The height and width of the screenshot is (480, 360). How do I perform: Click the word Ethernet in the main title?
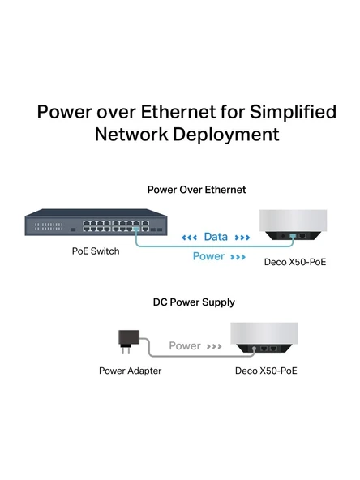click(178, 112)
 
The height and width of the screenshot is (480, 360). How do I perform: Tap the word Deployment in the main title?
click(226, 135)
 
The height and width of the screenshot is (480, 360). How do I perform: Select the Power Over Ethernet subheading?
click(196, 190)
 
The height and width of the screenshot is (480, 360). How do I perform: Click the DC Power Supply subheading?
click(194, 302)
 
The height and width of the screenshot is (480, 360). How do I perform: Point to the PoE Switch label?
click(96, 251)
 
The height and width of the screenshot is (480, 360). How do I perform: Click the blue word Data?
click(216, 237)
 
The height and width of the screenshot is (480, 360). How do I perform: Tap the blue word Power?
click(208, 256)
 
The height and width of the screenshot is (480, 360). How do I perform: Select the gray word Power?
click(185, 346)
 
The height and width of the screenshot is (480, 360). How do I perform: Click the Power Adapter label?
click(130, 371)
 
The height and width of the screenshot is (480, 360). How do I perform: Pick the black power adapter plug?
click(129, 341)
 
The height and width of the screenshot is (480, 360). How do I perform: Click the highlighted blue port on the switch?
click(136, 229)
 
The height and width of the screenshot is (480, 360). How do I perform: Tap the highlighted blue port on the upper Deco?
click(293, 236)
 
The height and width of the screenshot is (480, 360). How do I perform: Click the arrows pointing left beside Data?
click(189, 238)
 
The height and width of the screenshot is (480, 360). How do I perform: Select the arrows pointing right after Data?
click(242, 238)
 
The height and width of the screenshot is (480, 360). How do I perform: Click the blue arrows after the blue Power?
click(238, 257)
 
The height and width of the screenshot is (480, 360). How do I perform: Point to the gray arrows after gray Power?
click(214, 346)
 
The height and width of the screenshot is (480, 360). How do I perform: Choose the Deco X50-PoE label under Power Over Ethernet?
click(295, 263)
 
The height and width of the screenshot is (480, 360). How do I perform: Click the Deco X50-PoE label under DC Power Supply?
click(266, 371)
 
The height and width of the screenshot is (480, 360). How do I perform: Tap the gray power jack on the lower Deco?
click(254, 349)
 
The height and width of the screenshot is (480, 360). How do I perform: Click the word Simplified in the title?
click(294, 112)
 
